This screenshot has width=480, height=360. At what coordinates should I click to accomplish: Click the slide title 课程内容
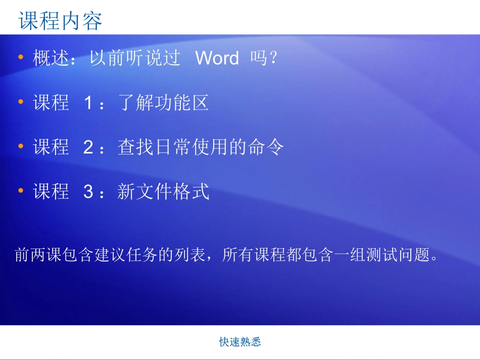pyautogui.click(x=61, y=21)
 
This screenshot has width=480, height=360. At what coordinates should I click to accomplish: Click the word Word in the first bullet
pyautogui.click(x=217, y=59)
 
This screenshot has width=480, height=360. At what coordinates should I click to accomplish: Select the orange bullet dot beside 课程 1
pyautogui.click(x=21, y=102)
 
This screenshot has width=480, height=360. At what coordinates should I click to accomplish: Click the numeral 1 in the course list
pyautogui.click(x=88, y=104)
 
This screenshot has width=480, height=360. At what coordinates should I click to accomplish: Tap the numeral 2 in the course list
pyautogui.click(x=88, y=148)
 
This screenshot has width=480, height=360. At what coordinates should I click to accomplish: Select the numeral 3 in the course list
pyautogui.click(x=88, y=192)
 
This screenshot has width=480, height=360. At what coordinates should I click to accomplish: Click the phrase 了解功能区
pyautogui.click(x=163, y=104)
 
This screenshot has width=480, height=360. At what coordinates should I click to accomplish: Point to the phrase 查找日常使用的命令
pyautogui.click(x=201, y=148)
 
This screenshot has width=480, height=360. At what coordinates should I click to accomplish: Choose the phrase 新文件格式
pyautogui.click(x=163, y=192)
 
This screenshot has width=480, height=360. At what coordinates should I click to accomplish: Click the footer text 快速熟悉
pyautogui.click(x=240, y=342)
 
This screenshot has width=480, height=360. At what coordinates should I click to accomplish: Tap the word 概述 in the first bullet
pyautogui.click(x=50, y=59)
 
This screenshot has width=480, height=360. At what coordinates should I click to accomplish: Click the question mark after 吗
pyautogui.click(x=273, y=59)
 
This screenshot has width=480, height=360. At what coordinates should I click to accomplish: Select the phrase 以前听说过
pyautogui.click(x=135, y=59)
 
